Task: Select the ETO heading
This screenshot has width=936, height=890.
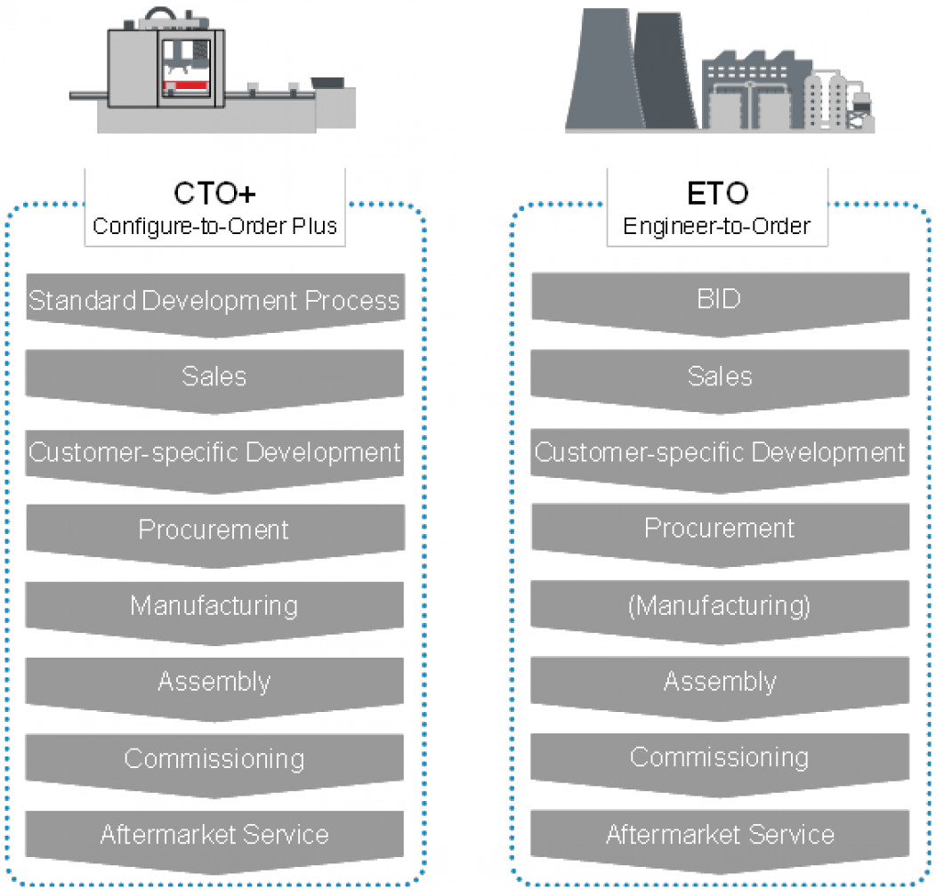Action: (718, 193)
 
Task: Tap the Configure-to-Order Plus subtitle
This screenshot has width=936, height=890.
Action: (214, 226)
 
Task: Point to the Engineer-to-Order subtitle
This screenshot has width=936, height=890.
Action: (717, 226)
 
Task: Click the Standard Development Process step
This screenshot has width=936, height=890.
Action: (214, 301)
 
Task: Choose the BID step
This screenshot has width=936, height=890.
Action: (719, 299)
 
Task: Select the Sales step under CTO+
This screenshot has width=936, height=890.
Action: (214, 376)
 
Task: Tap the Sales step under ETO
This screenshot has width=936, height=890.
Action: (719, 376)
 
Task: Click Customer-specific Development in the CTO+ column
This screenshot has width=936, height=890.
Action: (214, 453)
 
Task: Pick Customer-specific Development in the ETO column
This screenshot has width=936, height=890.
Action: (719, 453)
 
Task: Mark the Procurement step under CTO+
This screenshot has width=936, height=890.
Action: (214, 530)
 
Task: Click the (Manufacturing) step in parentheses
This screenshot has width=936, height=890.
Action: (719, 606)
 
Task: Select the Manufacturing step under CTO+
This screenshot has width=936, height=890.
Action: (214, 606)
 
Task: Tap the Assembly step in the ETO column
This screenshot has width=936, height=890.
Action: (719, 683)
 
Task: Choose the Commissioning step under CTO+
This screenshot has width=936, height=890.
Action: (214, 759)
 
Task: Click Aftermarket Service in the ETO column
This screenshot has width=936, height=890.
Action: (719, 835)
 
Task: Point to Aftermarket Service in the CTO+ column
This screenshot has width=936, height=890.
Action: (214, 835)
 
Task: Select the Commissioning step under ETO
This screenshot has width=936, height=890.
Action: (719, 758)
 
